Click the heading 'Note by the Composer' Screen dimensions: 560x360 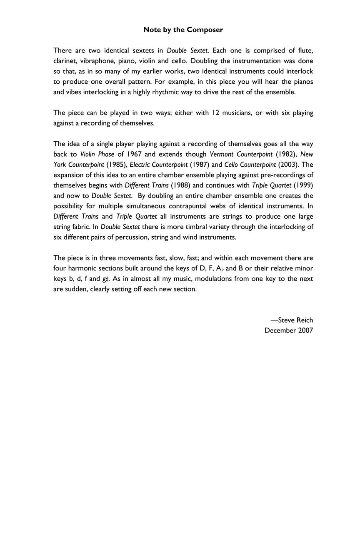[x=183, y=30]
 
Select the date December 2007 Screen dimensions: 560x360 [x=288, y=330]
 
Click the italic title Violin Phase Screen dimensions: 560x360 [x=97, y=154]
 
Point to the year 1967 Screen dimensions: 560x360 [x=135, y=154]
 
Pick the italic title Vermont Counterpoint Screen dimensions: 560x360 [x=241, y=154]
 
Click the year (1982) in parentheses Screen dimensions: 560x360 [x=285, y=154]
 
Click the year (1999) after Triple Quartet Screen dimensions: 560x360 [x=303, y=185]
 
